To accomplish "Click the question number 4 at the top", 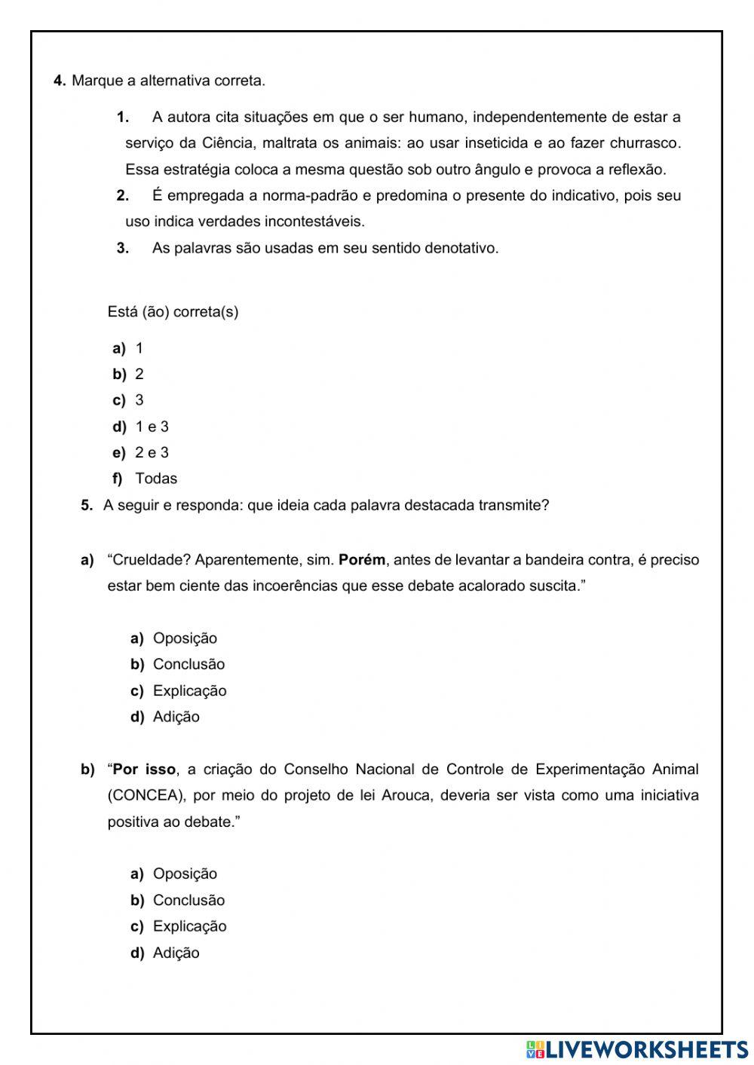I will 60,81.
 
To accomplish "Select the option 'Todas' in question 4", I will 156,479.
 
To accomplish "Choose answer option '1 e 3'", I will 152,427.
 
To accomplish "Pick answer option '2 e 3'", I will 152,452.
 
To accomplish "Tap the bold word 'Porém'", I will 362,560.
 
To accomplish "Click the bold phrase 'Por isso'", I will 144,770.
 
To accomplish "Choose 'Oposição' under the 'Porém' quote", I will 185,638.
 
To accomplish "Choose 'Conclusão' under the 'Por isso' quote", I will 188,900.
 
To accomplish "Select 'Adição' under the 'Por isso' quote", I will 176,953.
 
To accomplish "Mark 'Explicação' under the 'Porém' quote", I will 189,690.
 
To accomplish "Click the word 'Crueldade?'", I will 143,560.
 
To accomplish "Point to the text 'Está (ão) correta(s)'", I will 173,312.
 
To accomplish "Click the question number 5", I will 86,505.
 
